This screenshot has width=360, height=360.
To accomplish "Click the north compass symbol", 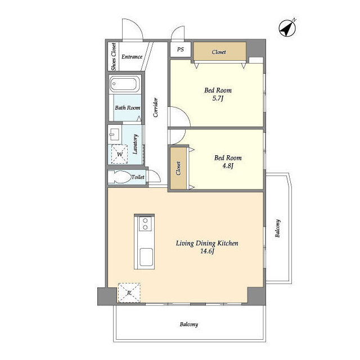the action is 287,28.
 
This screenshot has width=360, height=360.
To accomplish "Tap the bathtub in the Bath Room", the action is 125,84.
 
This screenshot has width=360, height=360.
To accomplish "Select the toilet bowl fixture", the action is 119,177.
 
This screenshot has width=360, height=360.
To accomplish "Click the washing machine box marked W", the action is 119,154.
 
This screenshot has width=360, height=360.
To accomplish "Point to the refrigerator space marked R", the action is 129,292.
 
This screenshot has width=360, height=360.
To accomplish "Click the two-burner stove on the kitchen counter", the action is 145,224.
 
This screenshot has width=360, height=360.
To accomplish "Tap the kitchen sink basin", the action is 146,256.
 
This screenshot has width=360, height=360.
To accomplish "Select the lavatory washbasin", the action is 114,134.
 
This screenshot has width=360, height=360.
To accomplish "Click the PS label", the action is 181,49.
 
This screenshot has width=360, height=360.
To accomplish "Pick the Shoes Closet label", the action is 114,57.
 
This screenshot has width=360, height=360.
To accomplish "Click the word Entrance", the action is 132,57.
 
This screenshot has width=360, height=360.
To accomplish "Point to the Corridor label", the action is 156,107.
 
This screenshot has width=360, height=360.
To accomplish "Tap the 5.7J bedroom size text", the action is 218,99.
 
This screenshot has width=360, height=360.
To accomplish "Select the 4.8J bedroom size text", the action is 228,166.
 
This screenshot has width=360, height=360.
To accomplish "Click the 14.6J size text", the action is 208,251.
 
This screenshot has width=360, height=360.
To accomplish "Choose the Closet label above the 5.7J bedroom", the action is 219,52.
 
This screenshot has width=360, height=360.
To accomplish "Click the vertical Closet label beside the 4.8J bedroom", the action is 178,168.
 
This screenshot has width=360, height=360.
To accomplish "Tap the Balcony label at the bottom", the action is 189,325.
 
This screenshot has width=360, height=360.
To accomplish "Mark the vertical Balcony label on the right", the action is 277,228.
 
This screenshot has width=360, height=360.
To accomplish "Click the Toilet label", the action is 138,177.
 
